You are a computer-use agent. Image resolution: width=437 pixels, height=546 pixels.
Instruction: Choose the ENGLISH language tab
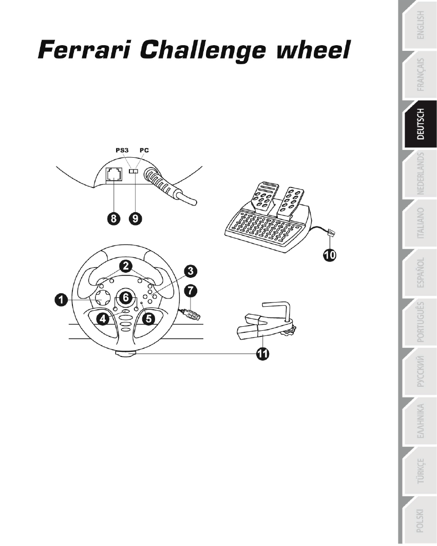(420, 25)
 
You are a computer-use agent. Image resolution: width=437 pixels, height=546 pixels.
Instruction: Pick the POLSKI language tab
(420, 521)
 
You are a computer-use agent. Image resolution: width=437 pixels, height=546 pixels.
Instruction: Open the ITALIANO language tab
(420, 223)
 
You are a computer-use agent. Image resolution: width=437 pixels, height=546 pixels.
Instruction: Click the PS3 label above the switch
(122, 150)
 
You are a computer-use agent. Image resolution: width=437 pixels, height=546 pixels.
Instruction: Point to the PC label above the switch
(144, 150)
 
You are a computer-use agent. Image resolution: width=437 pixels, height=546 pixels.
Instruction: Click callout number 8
(113, 218)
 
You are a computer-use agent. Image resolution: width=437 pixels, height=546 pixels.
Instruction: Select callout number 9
(136, 218)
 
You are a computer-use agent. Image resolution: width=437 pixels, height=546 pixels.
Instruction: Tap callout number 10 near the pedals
(329, 255)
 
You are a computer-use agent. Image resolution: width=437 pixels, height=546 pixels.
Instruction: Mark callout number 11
(262, 353)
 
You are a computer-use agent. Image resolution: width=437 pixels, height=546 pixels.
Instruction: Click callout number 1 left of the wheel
(61, 300)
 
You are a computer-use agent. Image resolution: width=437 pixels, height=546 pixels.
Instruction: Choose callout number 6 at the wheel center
(126, 297)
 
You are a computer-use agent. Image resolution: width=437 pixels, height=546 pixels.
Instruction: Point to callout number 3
(191, 271)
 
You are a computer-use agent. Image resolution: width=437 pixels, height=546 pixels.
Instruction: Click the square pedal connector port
(114, 174)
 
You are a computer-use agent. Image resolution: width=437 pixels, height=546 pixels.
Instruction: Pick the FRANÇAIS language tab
(420, 75)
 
